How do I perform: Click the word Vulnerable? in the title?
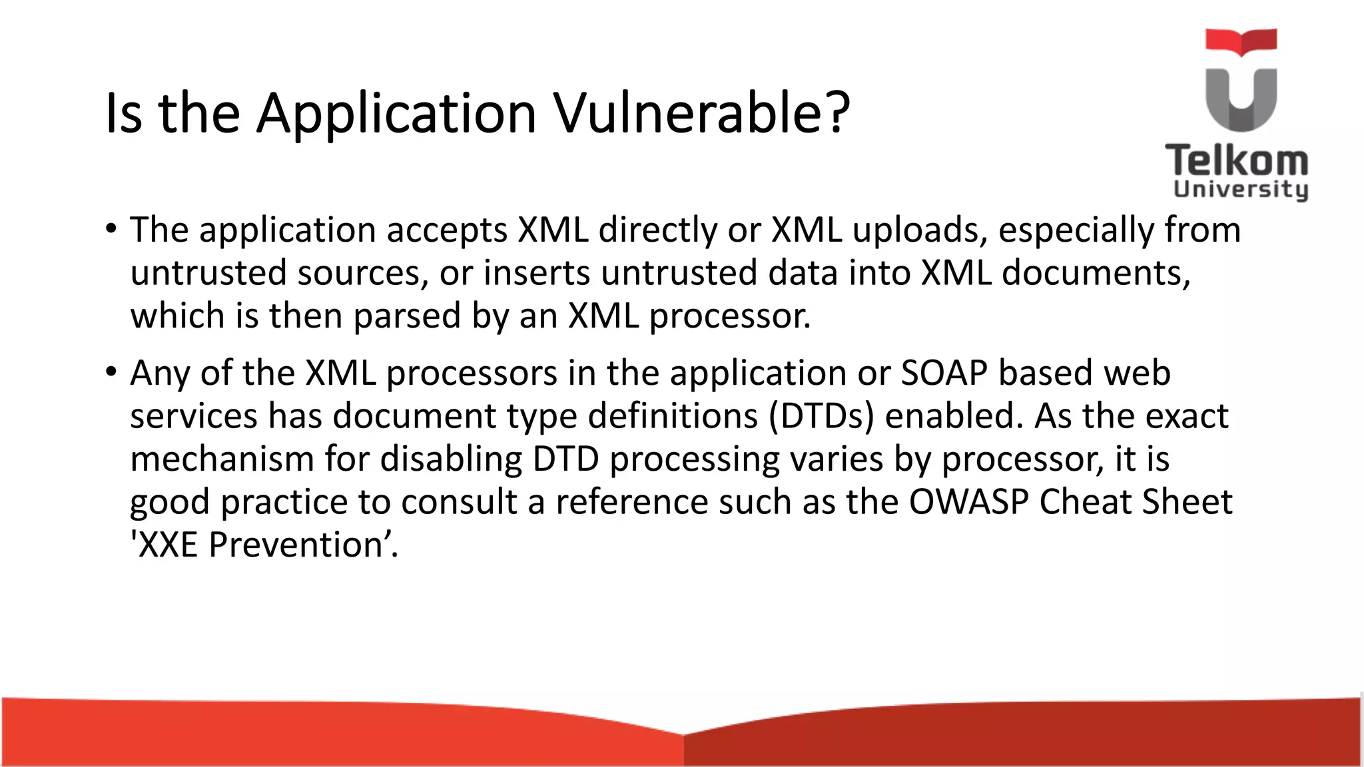tap(702, 113)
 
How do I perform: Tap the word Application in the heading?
tap(397, 113)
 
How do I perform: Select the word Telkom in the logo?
tap(1237, 162)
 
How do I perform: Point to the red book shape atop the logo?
tap(1241, 41)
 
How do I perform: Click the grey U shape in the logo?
tap(1241, 100)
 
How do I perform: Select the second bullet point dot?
tap(111, 372)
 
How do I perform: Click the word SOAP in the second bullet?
tap(944, 373)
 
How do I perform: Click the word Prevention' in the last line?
tap(303, 545)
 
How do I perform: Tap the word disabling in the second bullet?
tap(451, 459)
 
